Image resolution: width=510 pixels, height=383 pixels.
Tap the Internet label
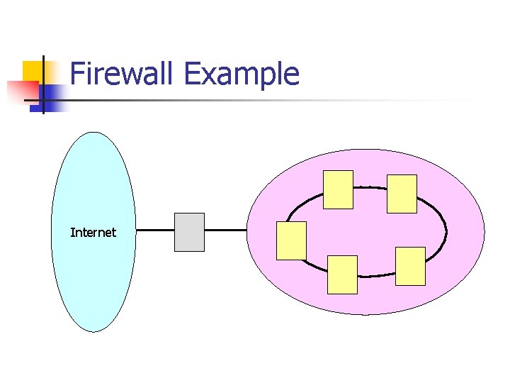93,232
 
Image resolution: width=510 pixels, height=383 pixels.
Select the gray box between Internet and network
189,232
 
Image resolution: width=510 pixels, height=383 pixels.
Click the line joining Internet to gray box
155,231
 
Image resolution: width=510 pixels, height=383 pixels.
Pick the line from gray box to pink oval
226,231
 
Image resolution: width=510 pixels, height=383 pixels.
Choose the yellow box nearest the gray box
291,240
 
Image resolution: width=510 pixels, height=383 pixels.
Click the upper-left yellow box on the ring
338,189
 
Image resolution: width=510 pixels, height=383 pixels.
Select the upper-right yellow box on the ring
402,194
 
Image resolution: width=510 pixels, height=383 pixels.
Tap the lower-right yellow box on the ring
410,266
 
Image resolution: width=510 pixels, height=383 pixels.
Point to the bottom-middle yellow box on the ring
343,274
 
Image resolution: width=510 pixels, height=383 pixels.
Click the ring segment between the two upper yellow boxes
370,187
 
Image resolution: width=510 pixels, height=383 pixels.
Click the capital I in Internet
72,232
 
